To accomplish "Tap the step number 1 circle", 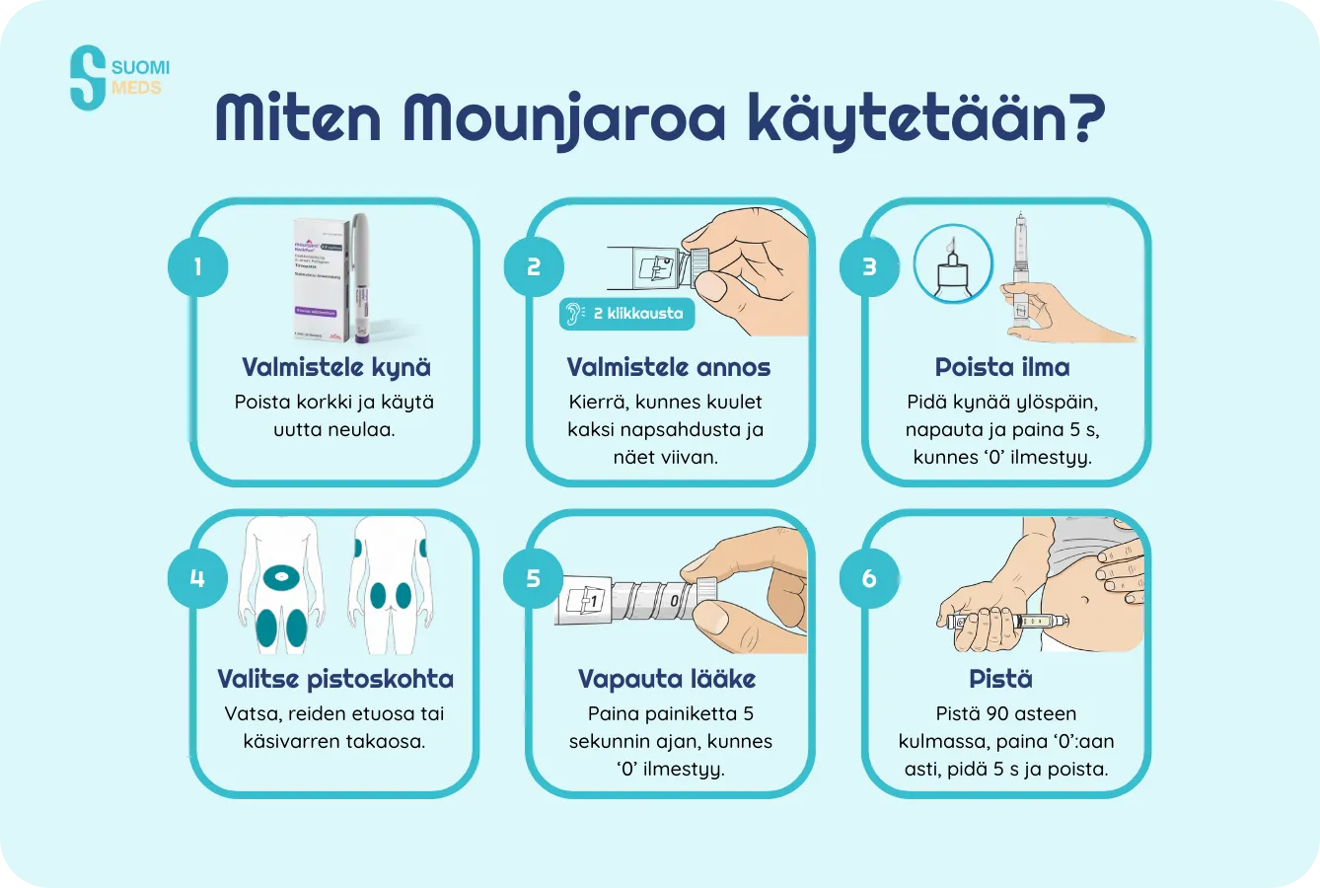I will [197, 266].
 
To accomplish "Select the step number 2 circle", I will [534, 266].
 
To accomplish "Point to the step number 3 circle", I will [869, 266].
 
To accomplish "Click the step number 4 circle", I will [197, 578].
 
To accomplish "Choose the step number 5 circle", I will [534, 578].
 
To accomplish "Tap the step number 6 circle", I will [869, 578].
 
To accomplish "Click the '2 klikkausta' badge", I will [627, 314].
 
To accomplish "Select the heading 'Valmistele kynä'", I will [335, 367].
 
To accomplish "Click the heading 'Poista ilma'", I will [1002, 367].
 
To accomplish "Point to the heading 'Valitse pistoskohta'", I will [335, 679].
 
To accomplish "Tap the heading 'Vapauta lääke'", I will [667, 679].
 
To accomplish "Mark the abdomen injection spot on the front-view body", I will [282, 577].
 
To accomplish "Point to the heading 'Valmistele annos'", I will [669, 367].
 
